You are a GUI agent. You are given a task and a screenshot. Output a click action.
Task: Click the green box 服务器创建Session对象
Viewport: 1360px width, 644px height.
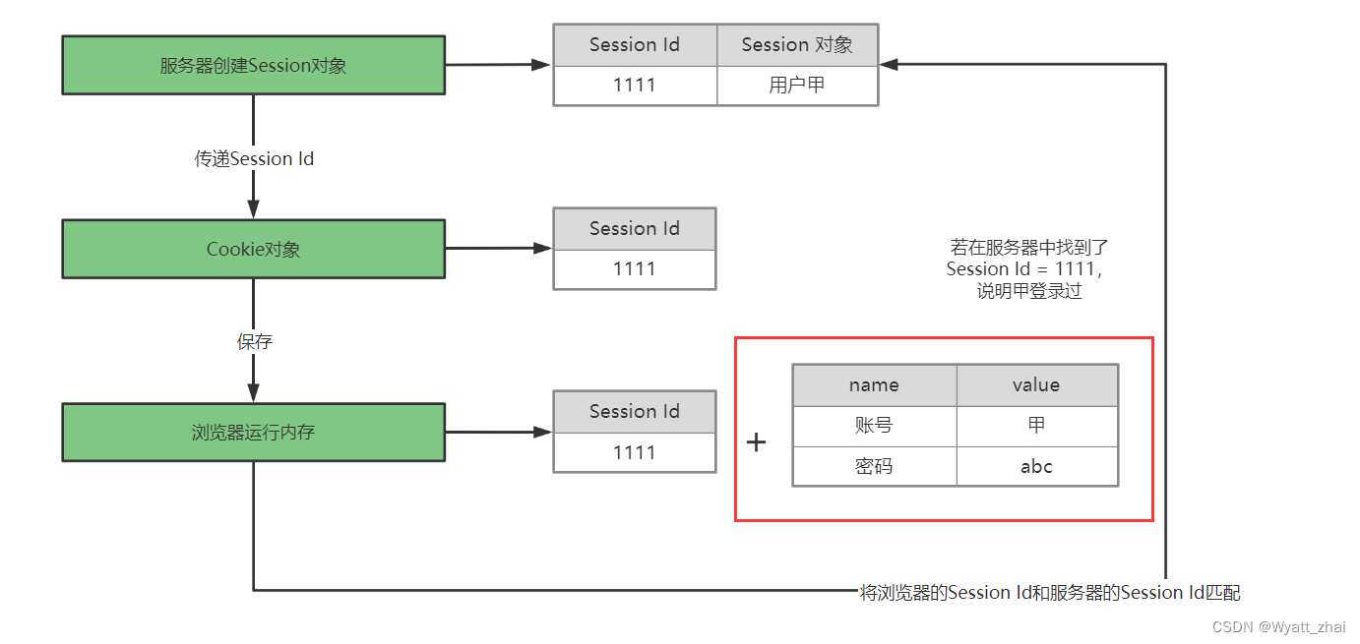253,66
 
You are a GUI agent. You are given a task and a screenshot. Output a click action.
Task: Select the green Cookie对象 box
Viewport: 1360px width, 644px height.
253,249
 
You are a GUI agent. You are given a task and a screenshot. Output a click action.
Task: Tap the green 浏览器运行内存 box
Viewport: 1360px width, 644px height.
253,432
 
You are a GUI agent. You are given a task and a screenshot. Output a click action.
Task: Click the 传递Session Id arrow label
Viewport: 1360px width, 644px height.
254,158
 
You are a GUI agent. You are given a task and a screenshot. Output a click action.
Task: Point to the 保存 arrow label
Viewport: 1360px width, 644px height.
254,341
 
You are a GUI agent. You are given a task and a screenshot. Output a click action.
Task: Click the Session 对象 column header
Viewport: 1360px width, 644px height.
797,45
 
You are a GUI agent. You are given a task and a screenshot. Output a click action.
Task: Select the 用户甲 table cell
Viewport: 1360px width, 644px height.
797,86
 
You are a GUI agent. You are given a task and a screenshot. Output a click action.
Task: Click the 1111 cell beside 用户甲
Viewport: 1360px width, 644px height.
635,86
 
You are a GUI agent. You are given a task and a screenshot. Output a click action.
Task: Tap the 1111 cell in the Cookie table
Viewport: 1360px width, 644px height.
635,268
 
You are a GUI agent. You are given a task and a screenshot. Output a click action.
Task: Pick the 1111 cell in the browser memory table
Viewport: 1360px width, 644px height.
635,452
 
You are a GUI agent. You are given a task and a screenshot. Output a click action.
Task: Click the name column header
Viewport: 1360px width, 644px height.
874,385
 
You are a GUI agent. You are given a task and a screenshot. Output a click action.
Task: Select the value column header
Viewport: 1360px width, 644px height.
1036,385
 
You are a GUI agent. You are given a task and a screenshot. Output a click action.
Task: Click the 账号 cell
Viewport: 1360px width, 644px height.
874,426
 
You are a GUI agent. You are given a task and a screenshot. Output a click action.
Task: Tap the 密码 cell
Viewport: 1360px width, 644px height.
874,466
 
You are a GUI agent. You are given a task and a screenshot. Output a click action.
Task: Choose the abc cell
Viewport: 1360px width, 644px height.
1036,466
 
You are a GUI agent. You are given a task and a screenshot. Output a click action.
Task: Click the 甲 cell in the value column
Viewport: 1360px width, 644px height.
1036,426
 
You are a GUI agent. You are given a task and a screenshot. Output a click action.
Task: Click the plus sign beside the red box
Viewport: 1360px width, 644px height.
756,442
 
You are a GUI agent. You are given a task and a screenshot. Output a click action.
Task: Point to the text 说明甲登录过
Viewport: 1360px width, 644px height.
1028,291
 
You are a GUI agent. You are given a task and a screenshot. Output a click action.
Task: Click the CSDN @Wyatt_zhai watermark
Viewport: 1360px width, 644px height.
1278,627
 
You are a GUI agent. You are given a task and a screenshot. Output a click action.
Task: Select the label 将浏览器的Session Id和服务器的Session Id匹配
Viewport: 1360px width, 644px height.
1050,592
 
